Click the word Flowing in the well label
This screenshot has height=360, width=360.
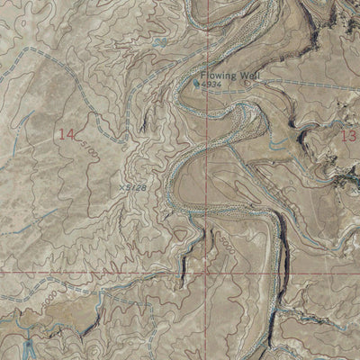point(216,76)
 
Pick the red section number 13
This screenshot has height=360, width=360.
point(350,135)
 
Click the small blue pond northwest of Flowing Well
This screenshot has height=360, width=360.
point(159,41)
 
